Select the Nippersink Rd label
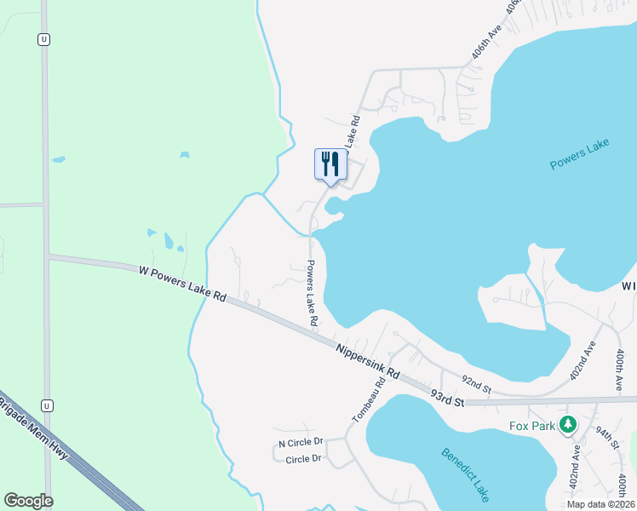367,361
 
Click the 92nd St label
476,383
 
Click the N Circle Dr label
301,443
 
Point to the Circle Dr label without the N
304,460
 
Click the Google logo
28,501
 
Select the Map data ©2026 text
600,504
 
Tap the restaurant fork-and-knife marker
330,164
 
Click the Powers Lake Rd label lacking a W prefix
312,293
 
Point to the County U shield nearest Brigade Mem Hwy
46,405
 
